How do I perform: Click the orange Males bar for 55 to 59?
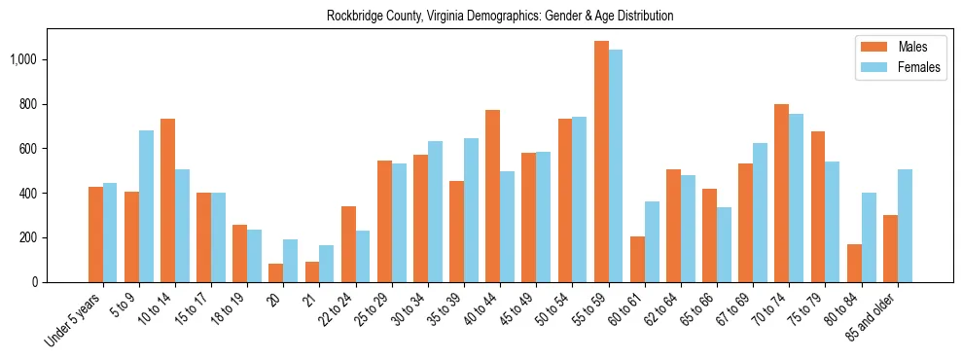(x=601, y=162)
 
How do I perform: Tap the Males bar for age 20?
(x=276, y=273)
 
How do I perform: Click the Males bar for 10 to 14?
(x=167, y=200)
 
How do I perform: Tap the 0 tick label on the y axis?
(x=34, y=282)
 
